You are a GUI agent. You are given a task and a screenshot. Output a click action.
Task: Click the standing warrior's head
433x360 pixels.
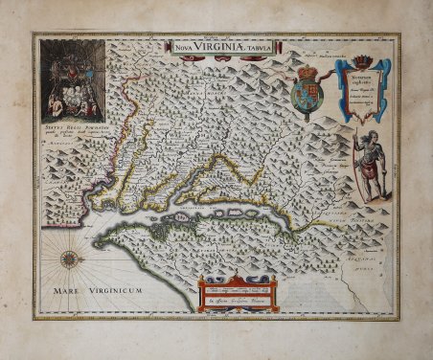tap(359, 134)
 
